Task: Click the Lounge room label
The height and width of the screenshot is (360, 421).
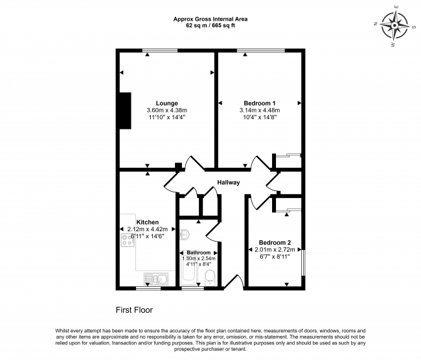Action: click(166, 104)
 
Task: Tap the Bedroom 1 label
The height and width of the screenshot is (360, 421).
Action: click(259, 104)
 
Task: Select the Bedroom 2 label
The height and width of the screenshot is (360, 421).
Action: click(275, 243)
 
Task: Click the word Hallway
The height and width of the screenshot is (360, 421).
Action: click(229, 183)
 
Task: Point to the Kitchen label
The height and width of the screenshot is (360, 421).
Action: click(148, 222)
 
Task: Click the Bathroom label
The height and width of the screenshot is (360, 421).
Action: click(199, 253)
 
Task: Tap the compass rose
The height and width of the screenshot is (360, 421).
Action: click(394, 26)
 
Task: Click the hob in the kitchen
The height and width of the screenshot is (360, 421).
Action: click(128, 240)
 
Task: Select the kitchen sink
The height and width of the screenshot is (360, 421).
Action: click(156, 278)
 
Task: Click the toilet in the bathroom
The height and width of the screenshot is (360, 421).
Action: click(210, 278)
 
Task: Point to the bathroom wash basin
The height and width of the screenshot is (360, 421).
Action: click(184, 234)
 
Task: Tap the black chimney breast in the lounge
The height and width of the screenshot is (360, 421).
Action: click(125, 111)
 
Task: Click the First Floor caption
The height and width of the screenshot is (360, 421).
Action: click(134, 310)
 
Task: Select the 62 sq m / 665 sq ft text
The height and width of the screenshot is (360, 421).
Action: click(210, 26)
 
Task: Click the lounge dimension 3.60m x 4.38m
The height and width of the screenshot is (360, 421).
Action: click(166, 110)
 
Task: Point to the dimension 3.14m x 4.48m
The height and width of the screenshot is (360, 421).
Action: click(260, 110)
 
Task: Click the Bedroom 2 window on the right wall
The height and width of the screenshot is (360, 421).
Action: click(303, 262)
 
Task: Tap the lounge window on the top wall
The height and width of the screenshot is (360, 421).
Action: click(160, 51)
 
